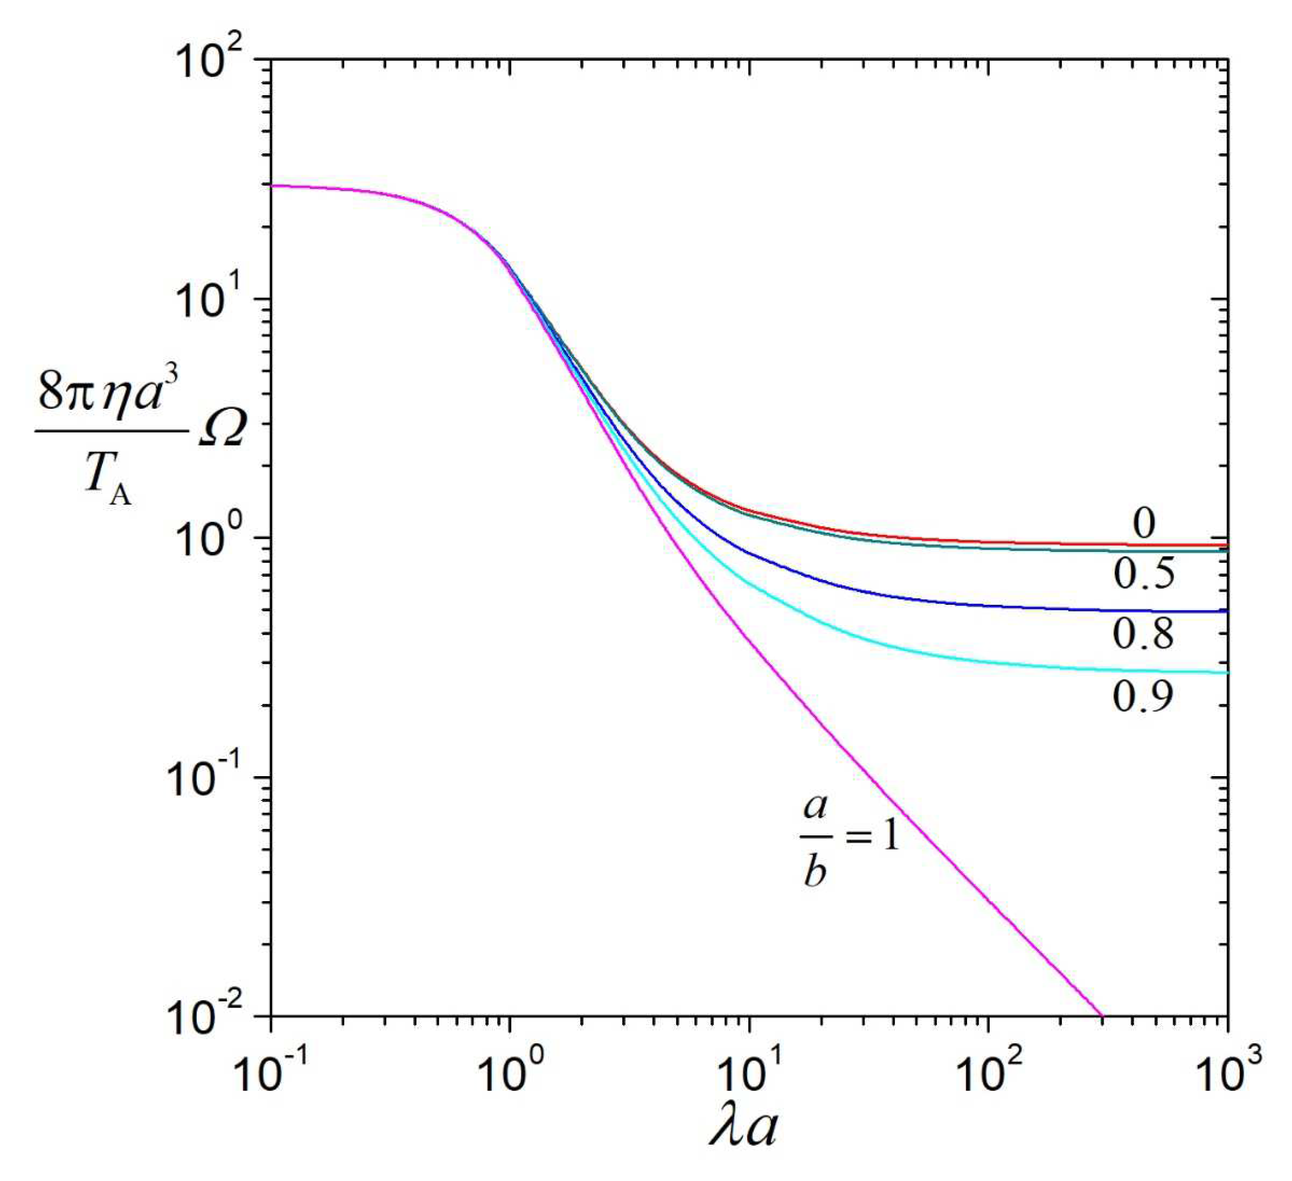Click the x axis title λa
coord(743,1129)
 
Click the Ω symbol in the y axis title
coord(221,431)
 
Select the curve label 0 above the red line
coord(1144,523)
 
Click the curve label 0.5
coord(1144,572)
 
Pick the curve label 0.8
coord(1143,633)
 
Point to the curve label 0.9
coord(1143,696)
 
